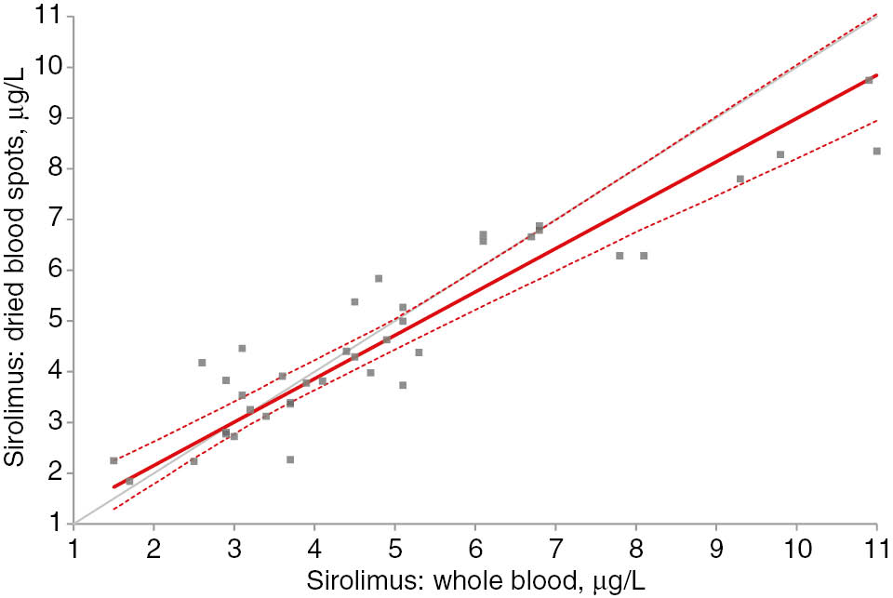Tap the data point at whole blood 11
tap(876, 151)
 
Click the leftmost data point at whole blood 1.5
tap(113, 460)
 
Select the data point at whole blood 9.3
tap(740, 179)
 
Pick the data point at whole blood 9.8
tap(780, 154)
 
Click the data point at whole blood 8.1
tap(644, 256)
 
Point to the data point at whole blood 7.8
tap(620, 256)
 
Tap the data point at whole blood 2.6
tap(202, 363)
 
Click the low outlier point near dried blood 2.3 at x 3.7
tap(290, 459)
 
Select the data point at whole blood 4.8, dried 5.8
tap(379, 278)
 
